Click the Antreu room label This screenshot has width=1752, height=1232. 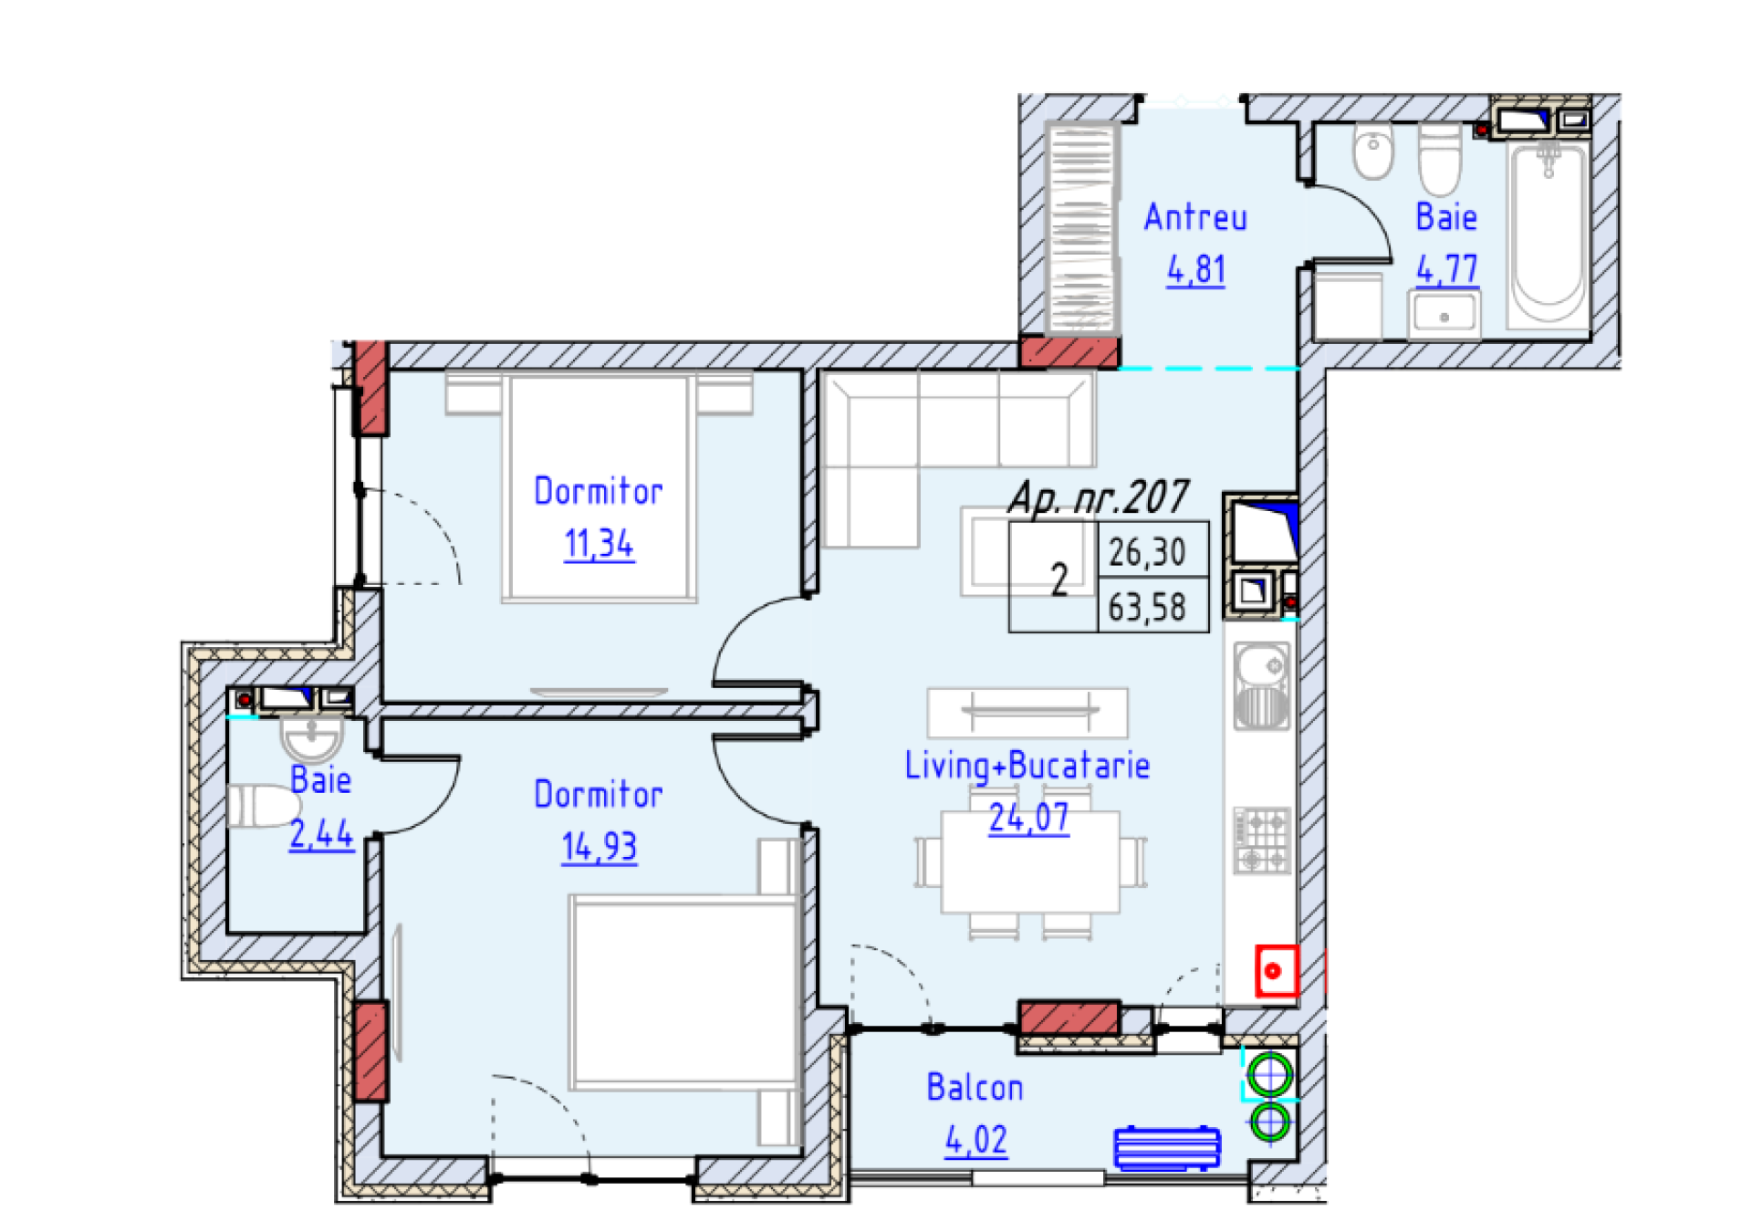point(1194,218)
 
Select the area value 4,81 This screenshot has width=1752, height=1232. point(1195,270)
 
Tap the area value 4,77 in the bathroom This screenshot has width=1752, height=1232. point(1446,269)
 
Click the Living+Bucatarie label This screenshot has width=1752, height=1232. point(1027,766)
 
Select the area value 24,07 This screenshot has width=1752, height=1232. point(1028,818)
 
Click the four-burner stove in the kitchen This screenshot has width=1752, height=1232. point(1262,840)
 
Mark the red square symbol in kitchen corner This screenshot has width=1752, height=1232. point(1275,971)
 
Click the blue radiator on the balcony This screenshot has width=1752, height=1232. point(1166,1147)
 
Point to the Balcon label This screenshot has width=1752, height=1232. point(975,1088)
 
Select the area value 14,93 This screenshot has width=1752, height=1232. point(599,847)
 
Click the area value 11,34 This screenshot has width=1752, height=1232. point(599,544)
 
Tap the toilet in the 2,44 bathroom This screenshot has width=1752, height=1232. point(264,807)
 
